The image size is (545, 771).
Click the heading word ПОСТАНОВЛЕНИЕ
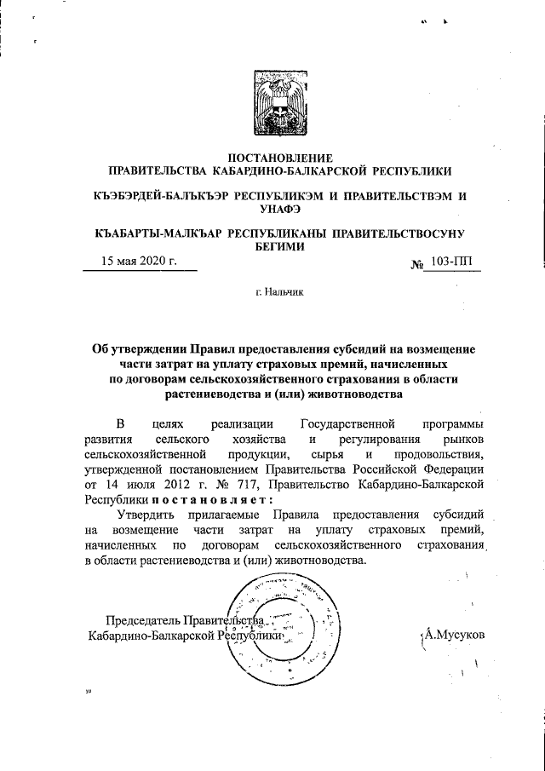click(x=281, y=157)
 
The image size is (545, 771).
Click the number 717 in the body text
click(x=209, y=483)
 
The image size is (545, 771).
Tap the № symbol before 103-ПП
click(x=418, y=263)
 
